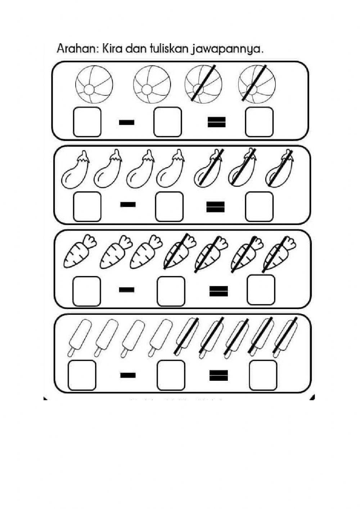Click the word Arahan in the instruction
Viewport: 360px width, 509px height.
(x=75, y=49)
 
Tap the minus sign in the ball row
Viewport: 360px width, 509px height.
(x=126, y=122)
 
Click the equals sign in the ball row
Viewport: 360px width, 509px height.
(x=217, y=122)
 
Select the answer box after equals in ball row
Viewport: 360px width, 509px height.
(x=259, y=122)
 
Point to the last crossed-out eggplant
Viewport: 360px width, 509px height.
(x=279, y=169)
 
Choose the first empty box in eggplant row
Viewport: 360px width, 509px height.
(x=87, y=206)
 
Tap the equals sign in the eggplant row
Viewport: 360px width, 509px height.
(x=216, y=207)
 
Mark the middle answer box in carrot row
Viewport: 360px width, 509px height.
(x=171, y=291)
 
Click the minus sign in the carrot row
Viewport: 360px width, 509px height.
(x=126, y=290)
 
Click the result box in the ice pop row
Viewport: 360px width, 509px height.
(x=263, y=375)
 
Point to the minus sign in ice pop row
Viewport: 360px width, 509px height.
(x=128, y=375)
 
